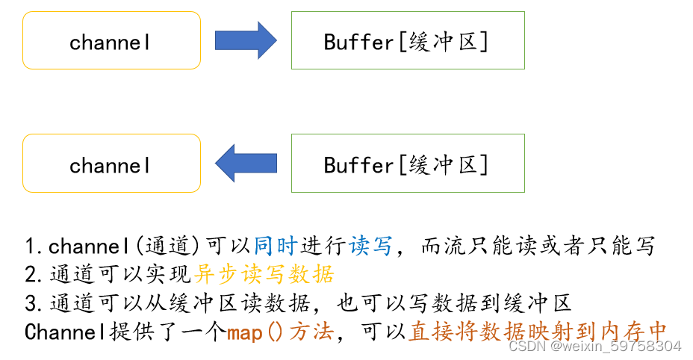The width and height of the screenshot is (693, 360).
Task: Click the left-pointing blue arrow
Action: [246, 163]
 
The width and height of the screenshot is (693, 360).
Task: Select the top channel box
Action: [111, 41]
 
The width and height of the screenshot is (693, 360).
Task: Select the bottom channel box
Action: [111, 164]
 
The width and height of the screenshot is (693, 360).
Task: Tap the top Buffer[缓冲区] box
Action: [408, 41]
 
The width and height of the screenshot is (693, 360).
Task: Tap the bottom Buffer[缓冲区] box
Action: [408, 164]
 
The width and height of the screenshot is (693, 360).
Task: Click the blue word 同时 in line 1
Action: [275, 246]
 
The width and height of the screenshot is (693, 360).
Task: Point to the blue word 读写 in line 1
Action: [370, 246]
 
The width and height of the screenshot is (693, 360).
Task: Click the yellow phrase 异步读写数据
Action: [264, 274]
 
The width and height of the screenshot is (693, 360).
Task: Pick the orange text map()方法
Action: [279, 332]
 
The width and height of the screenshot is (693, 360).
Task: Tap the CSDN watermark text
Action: [594, 347]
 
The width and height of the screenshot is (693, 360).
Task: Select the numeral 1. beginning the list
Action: [35, 246]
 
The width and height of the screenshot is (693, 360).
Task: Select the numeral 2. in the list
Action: [35, 274]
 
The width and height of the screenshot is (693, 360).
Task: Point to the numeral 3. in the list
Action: [35, 302]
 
